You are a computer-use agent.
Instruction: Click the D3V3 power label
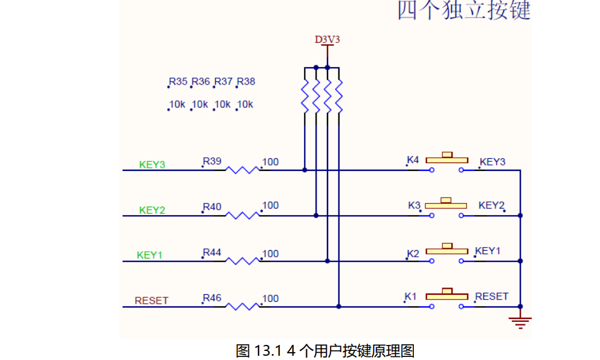[327, 40]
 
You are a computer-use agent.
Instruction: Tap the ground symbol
[520, 321]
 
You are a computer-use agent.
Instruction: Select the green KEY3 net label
[152, 164]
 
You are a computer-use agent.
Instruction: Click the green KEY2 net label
[152, 210]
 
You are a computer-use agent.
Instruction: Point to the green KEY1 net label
[150, 255]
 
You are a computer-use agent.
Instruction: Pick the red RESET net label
[151, 301]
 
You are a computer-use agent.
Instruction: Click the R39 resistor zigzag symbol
[242, 170]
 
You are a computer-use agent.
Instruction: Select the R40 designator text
[212, 207]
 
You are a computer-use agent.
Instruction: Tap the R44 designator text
[212, 252]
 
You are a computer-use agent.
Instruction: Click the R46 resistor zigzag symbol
[242, 307]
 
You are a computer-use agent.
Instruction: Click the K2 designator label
[413, 254]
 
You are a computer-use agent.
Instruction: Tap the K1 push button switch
[447, 298]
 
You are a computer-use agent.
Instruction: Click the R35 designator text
[178, 82]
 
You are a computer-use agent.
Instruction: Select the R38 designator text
[246, 82]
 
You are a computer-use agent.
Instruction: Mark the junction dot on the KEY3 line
[305, 170]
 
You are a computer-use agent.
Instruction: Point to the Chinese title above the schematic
[463, 10]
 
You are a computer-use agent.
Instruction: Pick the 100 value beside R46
[271, 298]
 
